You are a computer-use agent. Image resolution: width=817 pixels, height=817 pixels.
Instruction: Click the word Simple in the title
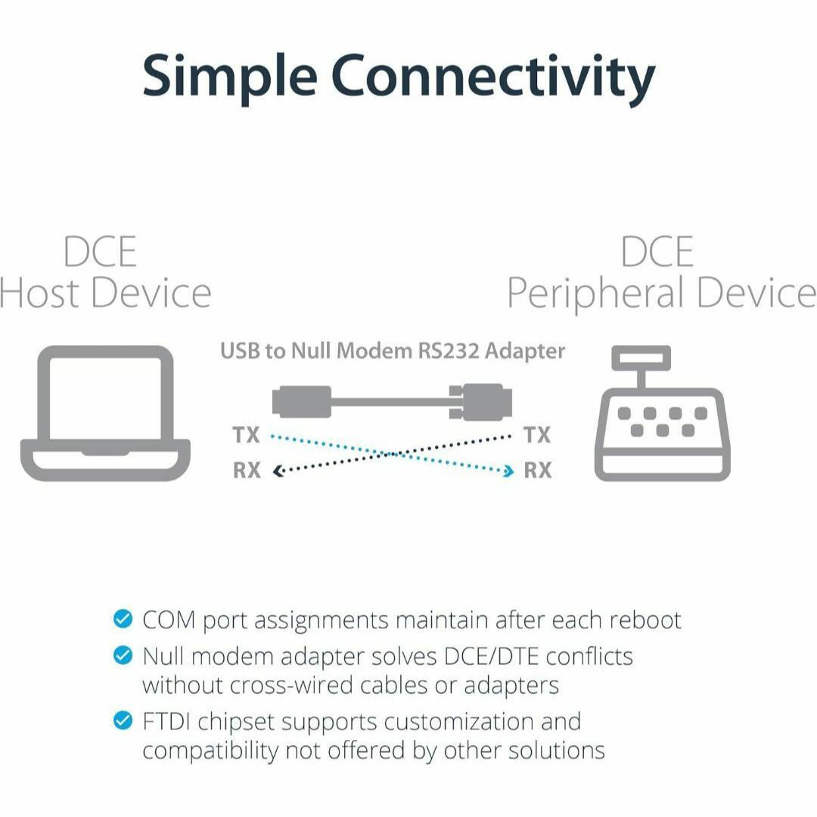[230, 76]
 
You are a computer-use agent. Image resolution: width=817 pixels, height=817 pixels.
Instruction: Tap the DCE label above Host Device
[100, 252]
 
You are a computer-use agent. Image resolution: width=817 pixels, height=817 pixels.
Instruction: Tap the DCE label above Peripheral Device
[657, 252]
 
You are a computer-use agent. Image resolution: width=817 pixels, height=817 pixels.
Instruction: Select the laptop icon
[105, 413]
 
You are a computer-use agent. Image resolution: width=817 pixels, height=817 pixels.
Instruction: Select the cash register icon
[662, 413]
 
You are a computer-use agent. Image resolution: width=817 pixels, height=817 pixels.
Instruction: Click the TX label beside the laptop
[246, 434]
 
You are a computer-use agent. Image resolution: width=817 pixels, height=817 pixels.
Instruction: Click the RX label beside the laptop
[247, 470]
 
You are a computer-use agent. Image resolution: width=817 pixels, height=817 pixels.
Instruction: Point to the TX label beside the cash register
[537, 434]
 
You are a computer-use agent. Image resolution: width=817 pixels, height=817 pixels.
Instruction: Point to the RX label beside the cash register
[538, 470]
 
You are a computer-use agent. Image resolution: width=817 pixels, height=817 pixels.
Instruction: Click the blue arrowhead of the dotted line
[508, 471]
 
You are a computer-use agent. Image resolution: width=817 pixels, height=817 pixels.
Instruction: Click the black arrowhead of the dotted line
[278, 471]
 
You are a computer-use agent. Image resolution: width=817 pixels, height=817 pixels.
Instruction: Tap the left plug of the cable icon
[302, 402]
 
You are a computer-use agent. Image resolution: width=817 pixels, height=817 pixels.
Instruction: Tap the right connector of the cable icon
[480, 402]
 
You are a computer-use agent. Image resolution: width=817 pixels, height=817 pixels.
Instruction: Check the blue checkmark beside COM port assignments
[123, 619]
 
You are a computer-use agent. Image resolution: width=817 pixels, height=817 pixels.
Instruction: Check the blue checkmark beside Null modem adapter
[123, 655]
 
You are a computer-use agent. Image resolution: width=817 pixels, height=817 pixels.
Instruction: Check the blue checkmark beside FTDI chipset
[123, 721]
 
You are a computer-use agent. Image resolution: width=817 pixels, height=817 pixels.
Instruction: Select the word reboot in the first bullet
[645, 620]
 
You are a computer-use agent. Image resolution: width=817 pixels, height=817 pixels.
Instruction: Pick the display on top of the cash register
[641, 358]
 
